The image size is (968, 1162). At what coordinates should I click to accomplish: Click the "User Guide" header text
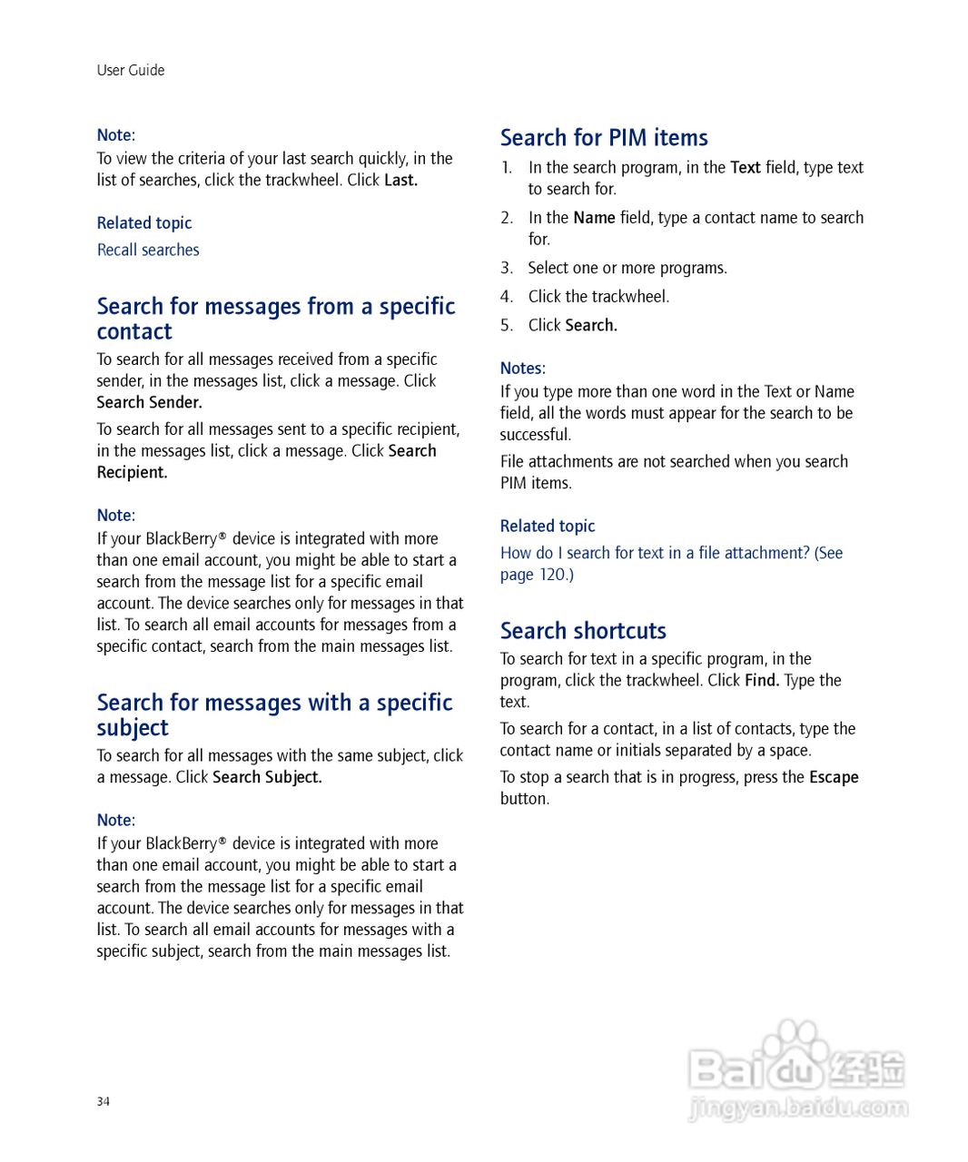point(131,70)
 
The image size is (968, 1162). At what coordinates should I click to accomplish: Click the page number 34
point(104,1101)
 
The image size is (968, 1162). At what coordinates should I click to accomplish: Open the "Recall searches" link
point(148,250)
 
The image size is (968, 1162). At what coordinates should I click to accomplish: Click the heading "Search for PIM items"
point(604,138)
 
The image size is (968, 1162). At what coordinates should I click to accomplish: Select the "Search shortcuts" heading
point(583,631)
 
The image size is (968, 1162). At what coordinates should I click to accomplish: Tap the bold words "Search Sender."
point(150,402)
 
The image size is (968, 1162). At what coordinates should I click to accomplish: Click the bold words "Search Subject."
point(267,777)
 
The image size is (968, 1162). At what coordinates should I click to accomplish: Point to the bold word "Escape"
point(834,777)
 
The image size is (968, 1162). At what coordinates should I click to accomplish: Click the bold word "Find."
point(762,680)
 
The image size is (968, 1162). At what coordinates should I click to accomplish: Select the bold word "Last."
point(400,180)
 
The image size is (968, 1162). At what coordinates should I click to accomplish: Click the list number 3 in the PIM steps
point(507,268)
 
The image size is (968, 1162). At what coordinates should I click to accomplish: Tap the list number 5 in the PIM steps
point(507,325)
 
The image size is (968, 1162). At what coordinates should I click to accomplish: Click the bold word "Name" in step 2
point(594,218)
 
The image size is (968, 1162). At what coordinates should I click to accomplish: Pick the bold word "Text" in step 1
point(746,167)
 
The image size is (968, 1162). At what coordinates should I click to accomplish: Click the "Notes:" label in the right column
point(523,368)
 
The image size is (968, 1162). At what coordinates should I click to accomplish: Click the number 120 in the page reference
point(552,575)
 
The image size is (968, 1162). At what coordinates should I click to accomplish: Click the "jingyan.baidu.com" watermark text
point(798,1108)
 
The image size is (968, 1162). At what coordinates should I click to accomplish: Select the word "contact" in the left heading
point(134,332)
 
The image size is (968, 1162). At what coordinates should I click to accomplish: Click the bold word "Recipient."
point(133,472)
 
